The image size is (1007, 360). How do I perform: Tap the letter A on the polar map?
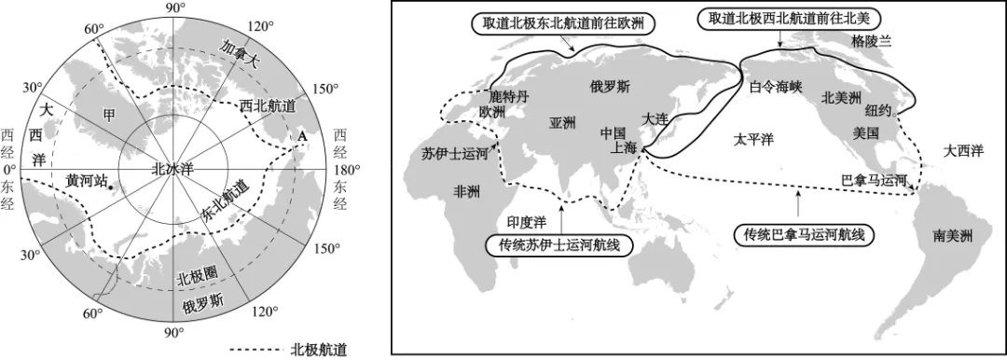tap(301, 136)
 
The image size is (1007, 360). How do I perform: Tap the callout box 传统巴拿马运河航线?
tap(800, 233)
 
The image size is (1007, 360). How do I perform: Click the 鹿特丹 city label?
tap(509, 95)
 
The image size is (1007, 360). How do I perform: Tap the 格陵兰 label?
tap(871, 41)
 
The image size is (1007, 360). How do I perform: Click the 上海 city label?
tap(623, 147)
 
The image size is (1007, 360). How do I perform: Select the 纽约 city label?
tap(878, 109)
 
